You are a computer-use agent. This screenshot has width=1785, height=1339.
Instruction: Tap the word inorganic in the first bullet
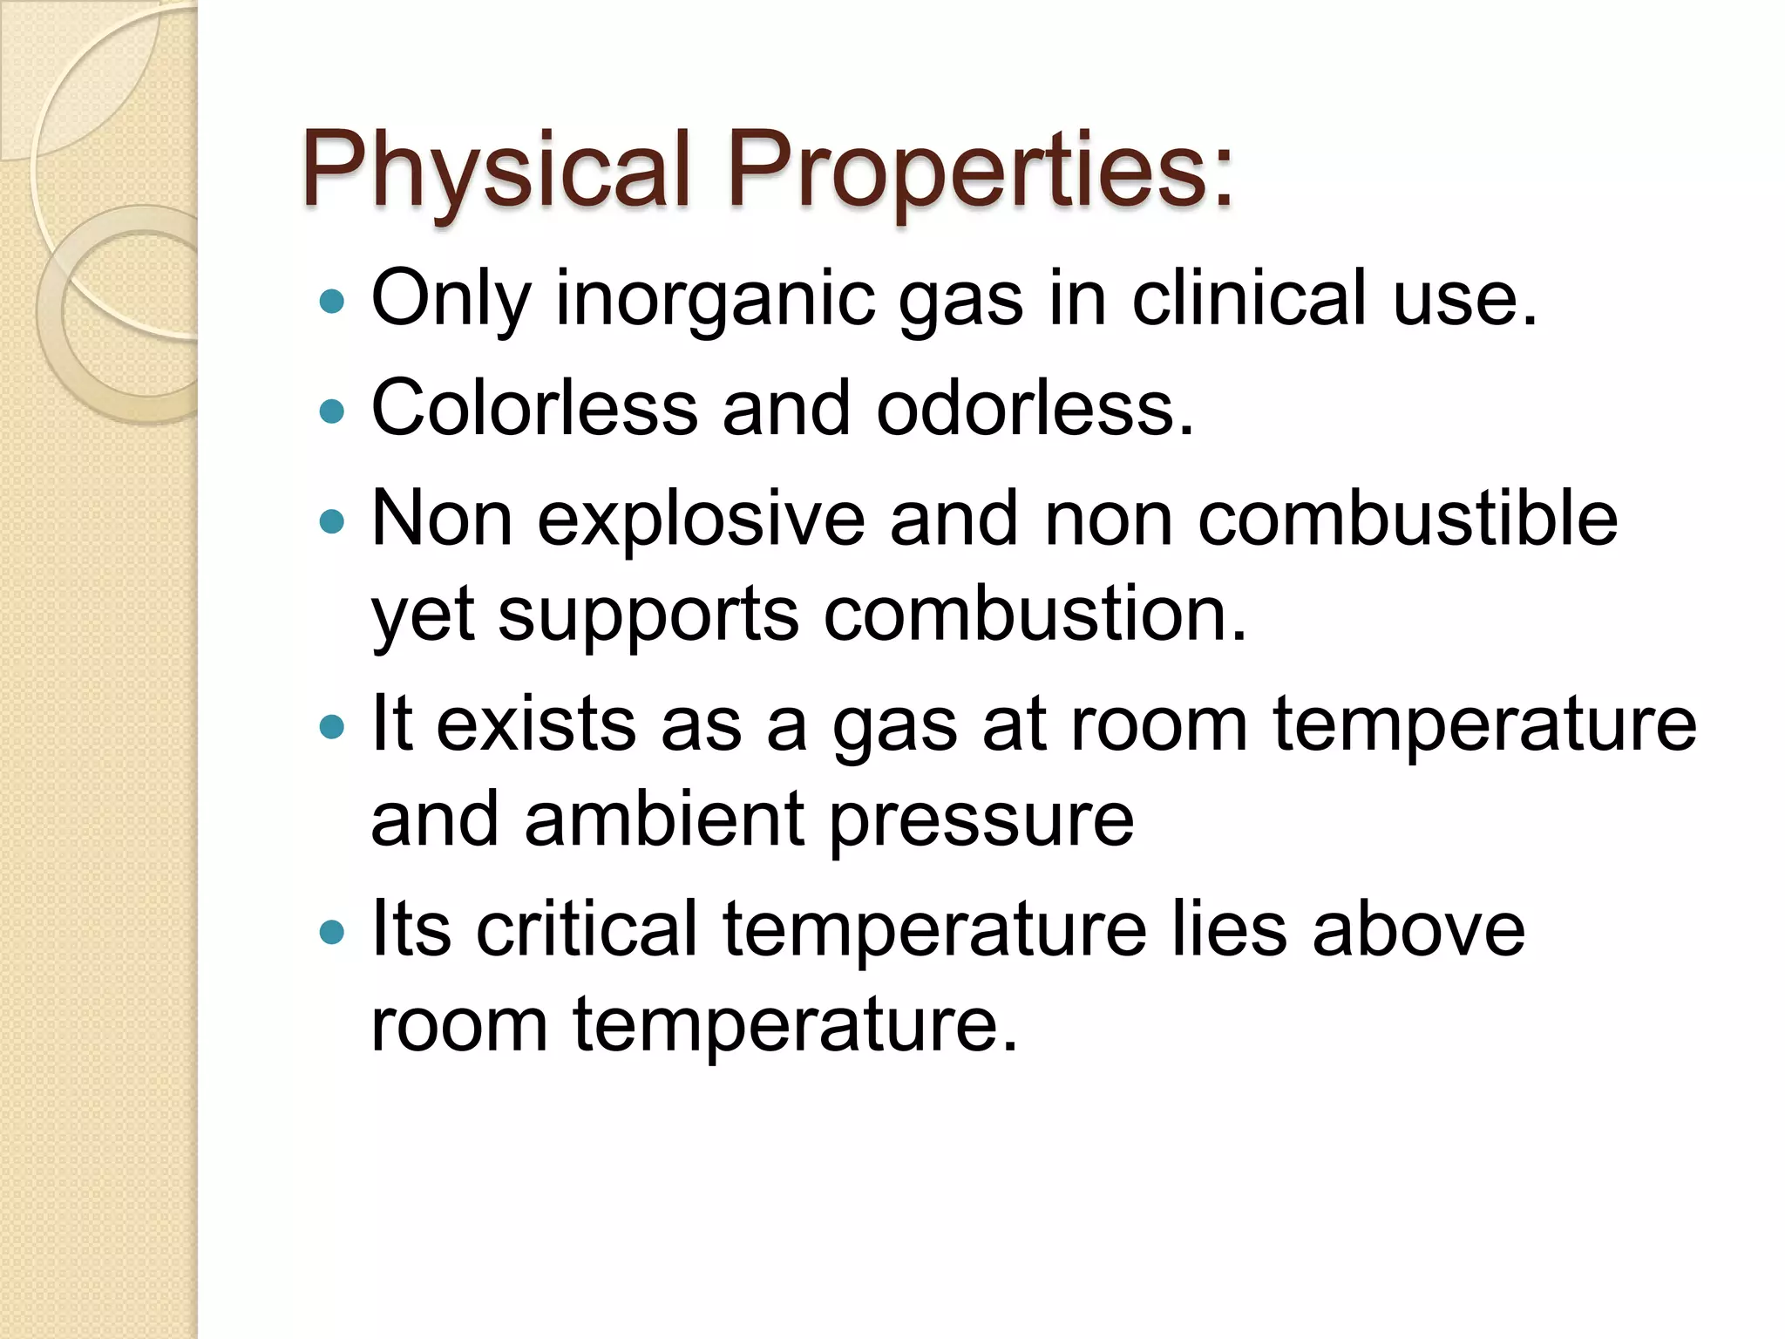[x=715, y=300]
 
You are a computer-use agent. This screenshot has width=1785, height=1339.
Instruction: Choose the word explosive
[x=702, y=520]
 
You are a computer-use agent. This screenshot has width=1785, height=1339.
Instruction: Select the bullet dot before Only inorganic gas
[x=332, y=302]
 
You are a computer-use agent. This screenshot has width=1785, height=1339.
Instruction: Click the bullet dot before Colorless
[x=332, y=411]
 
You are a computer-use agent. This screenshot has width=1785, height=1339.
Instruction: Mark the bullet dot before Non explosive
[x=332, y=522]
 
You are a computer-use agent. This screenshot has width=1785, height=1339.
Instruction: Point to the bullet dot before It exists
[x=332, y=726]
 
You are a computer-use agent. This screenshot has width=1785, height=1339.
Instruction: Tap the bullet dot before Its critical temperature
[x=332, y=933]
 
